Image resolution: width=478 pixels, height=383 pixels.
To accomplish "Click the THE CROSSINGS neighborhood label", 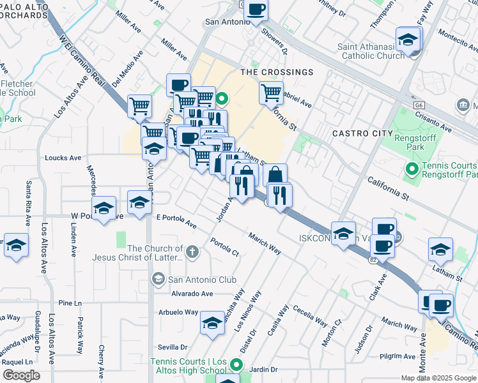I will point(277,72).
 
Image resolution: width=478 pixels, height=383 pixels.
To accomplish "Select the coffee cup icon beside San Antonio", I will point(256,10).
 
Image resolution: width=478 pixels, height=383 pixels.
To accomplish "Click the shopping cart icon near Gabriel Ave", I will point(271,93).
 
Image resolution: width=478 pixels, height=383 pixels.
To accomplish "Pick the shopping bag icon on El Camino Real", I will point(275,176).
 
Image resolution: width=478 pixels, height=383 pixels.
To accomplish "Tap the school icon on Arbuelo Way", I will point(212,324).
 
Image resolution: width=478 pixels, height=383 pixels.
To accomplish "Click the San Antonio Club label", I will point(201,280).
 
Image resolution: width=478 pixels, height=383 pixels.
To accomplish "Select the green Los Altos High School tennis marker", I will point(236,365).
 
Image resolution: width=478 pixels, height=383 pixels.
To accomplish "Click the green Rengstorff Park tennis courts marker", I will point(412,169).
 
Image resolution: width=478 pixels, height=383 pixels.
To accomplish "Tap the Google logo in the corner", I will point(21,375).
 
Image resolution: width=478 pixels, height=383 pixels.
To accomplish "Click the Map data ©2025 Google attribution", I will point(439,378).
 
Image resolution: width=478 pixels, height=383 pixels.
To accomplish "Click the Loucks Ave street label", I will point(63,158).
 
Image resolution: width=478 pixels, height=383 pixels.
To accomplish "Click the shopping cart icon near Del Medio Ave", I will point(139,107).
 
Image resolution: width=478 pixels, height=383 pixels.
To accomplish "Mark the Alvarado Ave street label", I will point(192,294).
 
